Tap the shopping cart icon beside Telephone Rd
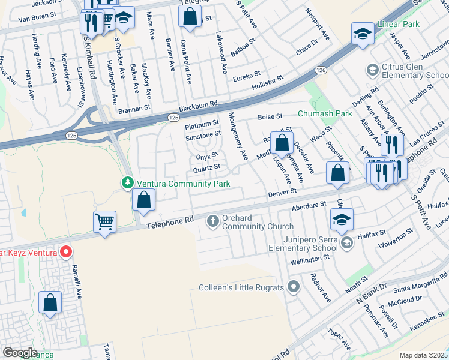pyautogui.click(x=105, y=221)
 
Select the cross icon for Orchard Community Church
pyautogui.click(x=212, y=222)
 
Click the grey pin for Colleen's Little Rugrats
pyautogui.click(x=293, y=287)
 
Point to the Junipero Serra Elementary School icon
pyautogui.click(x=346, y=242)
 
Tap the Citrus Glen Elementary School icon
pyautogui.click(x=372, y=71)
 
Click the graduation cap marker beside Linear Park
pyautogui.click(x=363, y=34)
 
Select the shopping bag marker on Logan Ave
pyautogui.click(x=282, y=143)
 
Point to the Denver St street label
pyautogui.click(x=283, y=193)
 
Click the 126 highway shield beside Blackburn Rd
pyautogui.click(x=173, y=117)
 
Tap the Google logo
pyautogui.click(x=20, y=352)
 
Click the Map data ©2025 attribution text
pyautogui.click(x=424, y=355)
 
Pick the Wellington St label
pyautogui.click(x=310, y=258)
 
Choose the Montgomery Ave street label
pyautogui.click(x=238, y=136)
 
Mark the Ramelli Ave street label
pyautogui.click(x=76, y=280)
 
